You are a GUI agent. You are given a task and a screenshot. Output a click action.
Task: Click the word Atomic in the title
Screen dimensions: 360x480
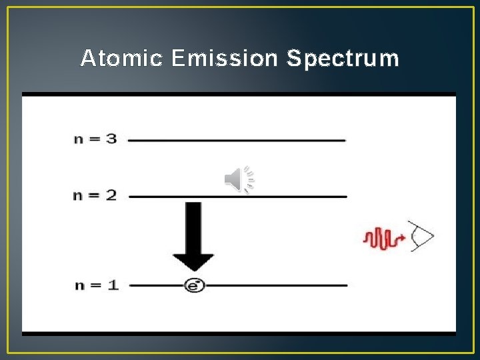[x=121, y=59]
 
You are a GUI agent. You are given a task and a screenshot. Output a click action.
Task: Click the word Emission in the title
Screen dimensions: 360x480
[x=224, y=59]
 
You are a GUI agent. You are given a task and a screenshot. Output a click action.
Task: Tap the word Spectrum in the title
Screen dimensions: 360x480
[x=342, y=59]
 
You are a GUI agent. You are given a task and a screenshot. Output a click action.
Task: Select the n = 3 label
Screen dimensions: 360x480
[x=95, y=139]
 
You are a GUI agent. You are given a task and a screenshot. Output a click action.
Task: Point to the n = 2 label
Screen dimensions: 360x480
[x=95, y=195]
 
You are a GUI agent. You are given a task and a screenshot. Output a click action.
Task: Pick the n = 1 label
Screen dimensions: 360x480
[x=95, y=285]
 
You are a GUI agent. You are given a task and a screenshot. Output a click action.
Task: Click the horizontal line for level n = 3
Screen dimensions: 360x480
[x=237, y=140]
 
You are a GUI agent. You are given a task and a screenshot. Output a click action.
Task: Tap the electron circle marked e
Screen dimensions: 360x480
[x=194, y=285]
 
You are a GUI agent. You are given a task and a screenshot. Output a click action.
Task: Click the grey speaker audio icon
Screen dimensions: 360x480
[x=239, y=179]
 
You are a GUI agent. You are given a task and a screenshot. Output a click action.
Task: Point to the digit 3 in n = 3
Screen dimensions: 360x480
[x=111, y=139]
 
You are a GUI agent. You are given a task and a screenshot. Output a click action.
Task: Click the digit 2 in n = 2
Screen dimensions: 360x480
[x=111, y=195]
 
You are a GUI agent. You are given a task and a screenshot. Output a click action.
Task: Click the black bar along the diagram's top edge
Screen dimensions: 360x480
[x=239, y=94]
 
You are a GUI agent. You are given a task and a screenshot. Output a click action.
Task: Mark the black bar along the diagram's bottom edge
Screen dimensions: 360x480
[x=239, y=333]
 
